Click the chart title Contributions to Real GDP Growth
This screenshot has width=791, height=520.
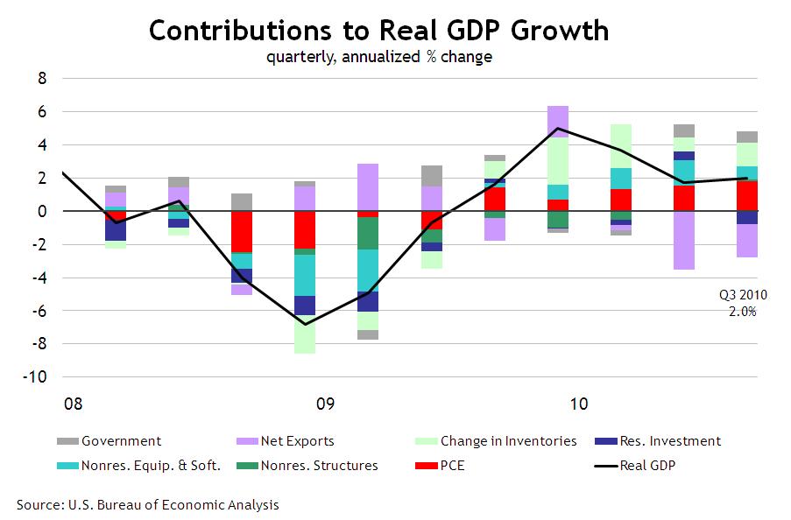(378, 31)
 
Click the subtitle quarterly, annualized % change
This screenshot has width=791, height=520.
(378, 58)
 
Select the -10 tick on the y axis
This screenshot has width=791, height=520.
(38, 377)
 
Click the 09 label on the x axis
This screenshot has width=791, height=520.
(325, 404)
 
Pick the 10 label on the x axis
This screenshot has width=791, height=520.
(578, 404)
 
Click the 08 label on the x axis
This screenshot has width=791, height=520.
(74, 404)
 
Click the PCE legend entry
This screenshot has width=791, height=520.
(452, 466)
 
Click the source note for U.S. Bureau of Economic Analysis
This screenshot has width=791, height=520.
(148, 505)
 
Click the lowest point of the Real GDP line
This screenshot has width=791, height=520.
(304, 324)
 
